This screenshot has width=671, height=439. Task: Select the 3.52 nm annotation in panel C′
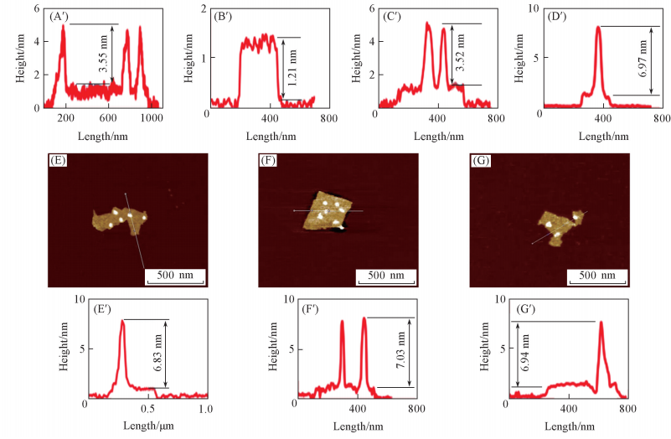(458, 55)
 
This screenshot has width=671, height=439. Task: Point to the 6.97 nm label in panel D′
(643, 61)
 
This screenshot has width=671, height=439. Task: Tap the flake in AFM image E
(117, 219)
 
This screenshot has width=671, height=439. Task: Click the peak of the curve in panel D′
(598, 27)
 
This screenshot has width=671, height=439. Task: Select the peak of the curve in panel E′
(123, 320)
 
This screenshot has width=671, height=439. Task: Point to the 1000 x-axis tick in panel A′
(151, 119)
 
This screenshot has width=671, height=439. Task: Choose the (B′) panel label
(225, 14)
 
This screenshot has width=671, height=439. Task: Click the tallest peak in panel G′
(601, 323)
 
